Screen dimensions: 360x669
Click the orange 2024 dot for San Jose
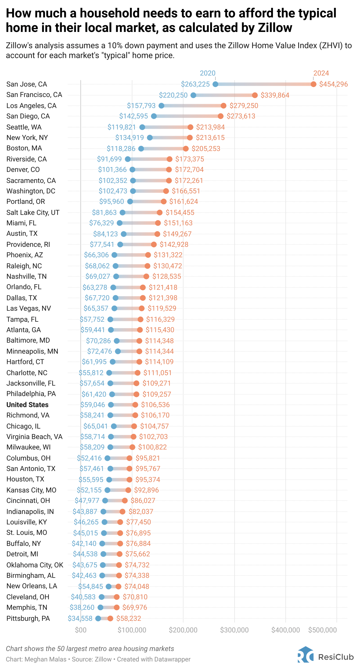tap(313, 84)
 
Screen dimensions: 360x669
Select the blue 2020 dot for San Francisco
tap(193, 95)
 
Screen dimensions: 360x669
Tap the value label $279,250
tap(244, 106)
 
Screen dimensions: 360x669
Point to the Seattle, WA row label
tap(24, 127)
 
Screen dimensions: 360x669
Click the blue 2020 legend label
tap(208, 73)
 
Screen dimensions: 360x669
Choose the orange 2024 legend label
tap(321, 73)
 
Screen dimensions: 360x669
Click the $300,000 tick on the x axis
tap(234, 630)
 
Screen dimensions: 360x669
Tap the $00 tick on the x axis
tap(80, 630)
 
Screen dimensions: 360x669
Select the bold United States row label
tap(28, 405)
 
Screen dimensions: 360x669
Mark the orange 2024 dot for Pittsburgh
tap(110, 618)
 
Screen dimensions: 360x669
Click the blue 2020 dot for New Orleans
tap(109, 587)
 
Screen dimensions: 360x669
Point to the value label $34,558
tap(80, 618)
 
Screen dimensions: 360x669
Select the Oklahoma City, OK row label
tap(35, 565)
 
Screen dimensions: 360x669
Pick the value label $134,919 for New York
tap(129, 138)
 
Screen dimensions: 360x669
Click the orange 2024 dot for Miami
tap(158, 223)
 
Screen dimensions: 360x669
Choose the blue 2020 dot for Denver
tap(132, 170)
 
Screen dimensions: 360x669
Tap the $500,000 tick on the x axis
tap(323, 630)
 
